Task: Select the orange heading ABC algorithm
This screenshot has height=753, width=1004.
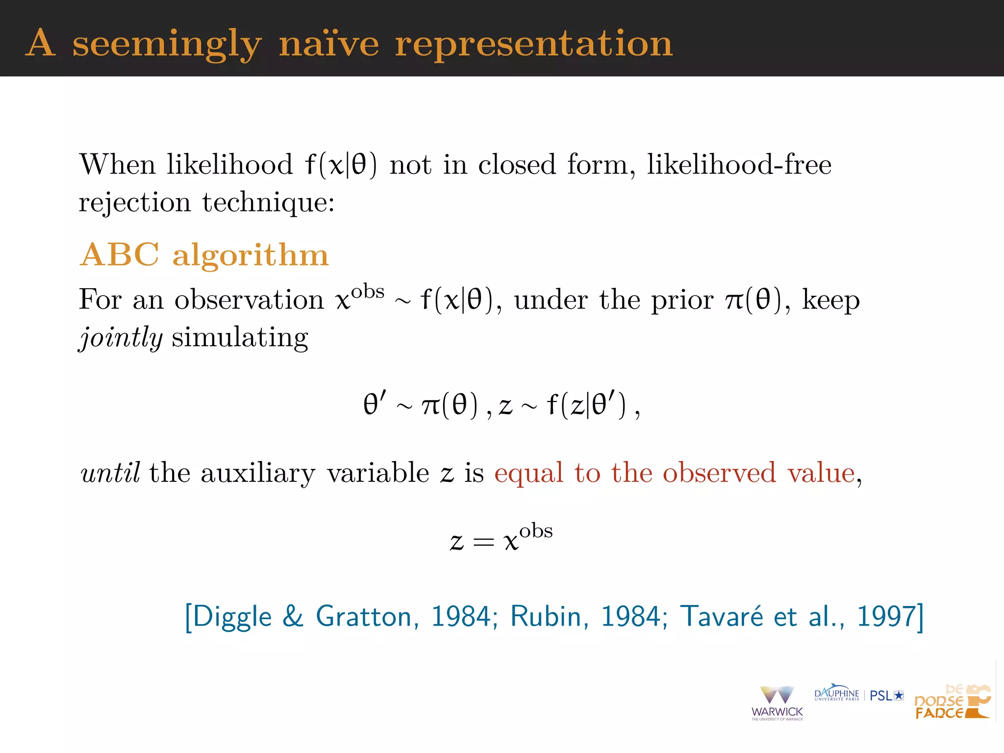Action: pyautogui.click(x=204, y=255)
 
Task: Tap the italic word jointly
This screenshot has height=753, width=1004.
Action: pyautogui.click(x=121, y=337)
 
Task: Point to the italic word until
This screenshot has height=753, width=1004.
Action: pyautogui.click(x=110, y=473)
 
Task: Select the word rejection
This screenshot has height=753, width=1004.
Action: pyautogui.click(x=135, y=202)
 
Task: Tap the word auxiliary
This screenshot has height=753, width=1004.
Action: pyautogui.click(x=258, y=473)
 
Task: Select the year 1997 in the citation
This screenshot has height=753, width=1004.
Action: pyautogui.click(x=886, y=616)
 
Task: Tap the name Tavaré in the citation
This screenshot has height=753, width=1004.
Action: pyautogui.click(x=721, y=616)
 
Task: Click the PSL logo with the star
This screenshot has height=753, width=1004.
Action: pyautogui.click(x=886, y=695)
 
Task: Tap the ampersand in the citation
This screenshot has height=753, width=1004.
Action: pyautogui.click(x=293, y=616)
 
